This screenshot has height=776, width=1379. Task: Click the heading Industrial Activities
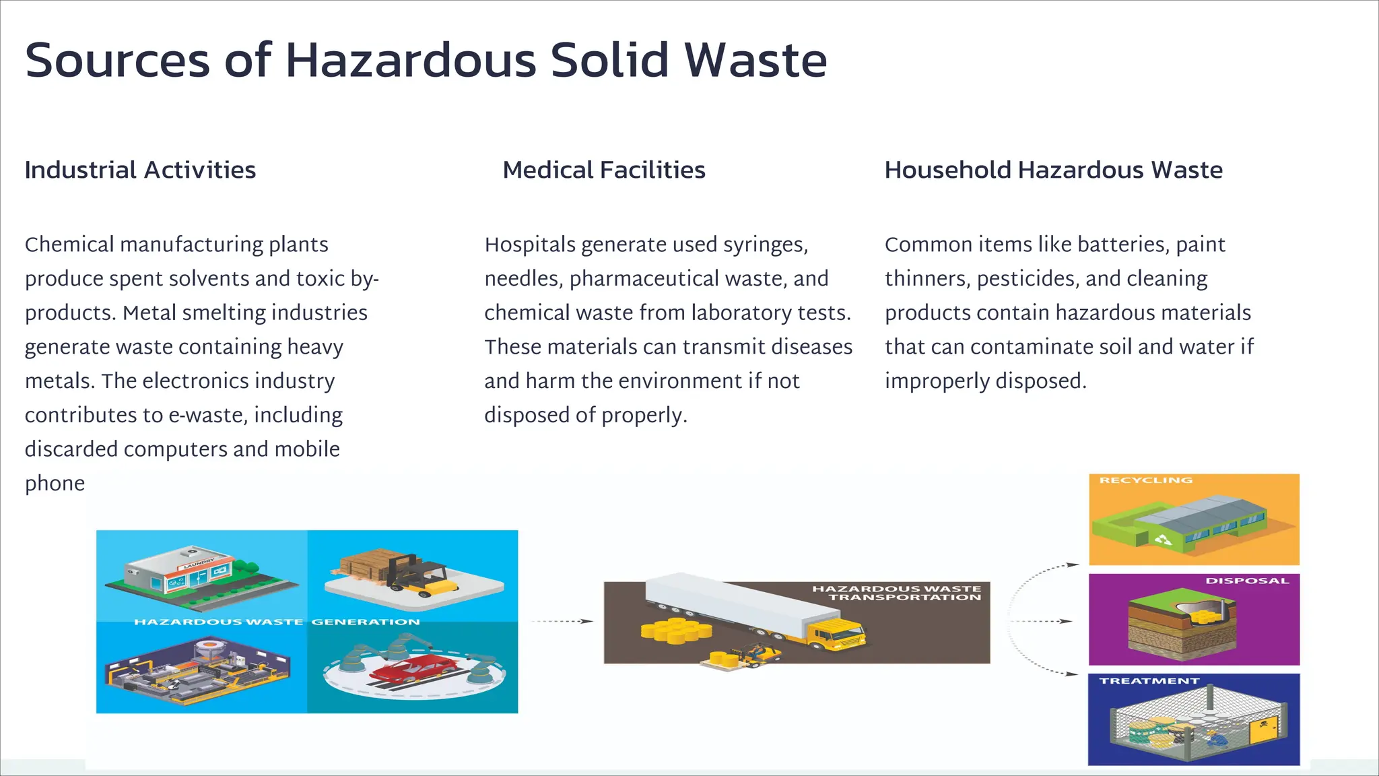(140, 170)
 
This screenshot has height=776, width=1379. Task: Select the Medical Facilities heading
(603, 170)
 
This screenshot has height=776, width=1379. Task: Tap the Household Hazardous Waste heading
(1053, 170)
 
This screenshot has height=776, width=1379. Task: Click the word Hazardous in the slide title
(411, 61)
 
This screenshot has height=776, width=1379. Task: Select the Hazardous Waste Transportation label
(897, 593)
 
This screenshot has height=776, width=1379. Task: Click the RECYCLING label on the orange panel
(1145, 480)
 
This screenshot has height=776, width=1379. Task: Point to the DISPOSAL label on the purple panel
(1246, 581)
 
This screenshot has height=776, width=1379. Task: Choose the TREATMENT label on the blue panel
(1149, 681)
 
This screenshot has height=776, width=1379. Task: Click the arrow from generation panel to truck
(562, 621)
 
